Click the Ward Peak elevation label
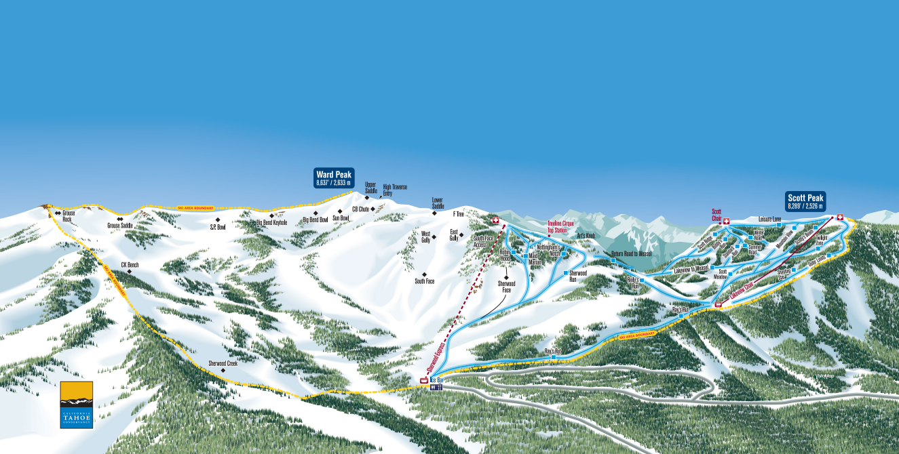[x=334, y=178]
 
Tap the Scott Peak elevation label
[x=805, y=201]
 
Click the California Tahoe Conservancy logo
[x=76, y=405]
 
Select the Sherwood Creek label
[x=223, y=363]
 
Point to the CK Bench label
[x=130, y=265]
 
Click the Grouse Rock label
[x=67, y=215]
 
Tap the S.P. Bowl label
[x=217, y=227]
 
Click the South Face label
[x=425, y=281]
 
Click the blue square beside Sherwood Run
[x=565, y=272]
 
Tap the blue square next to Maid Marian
[x=525, y=257]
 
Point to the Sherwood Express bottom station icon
[x=424, y=380]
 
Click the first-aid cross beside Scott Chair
[x=726, y=221]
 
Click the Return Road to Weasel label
[x=631, y=253]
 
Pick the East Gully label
[x=455, y=234]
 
